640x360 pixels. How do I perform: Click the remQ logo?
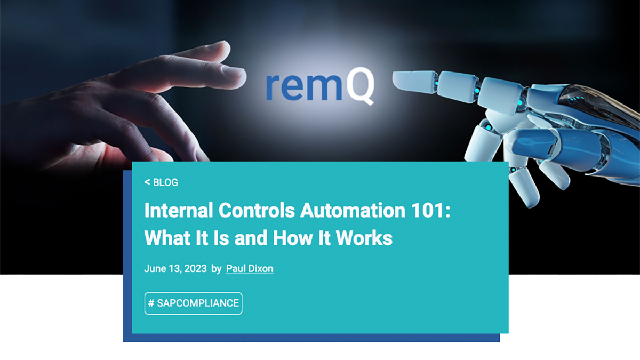[319, 85]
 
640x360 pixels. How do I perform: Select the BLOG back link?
[161, 182]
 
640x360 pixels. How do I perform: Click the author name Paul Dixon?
[250, 269]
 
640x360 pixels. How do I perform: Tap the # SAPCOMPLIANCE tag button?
[193, 303]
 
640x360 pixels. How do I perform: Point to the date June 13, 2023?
[175, 269]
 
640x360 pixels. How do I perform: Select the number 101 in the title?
[428, 211]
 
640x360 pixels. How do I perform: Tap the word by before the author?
[216, 269]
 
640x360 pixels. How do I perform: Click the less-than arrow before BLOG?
[147, 182]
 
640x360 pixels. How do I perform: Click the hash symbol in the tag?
[151, 303]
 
